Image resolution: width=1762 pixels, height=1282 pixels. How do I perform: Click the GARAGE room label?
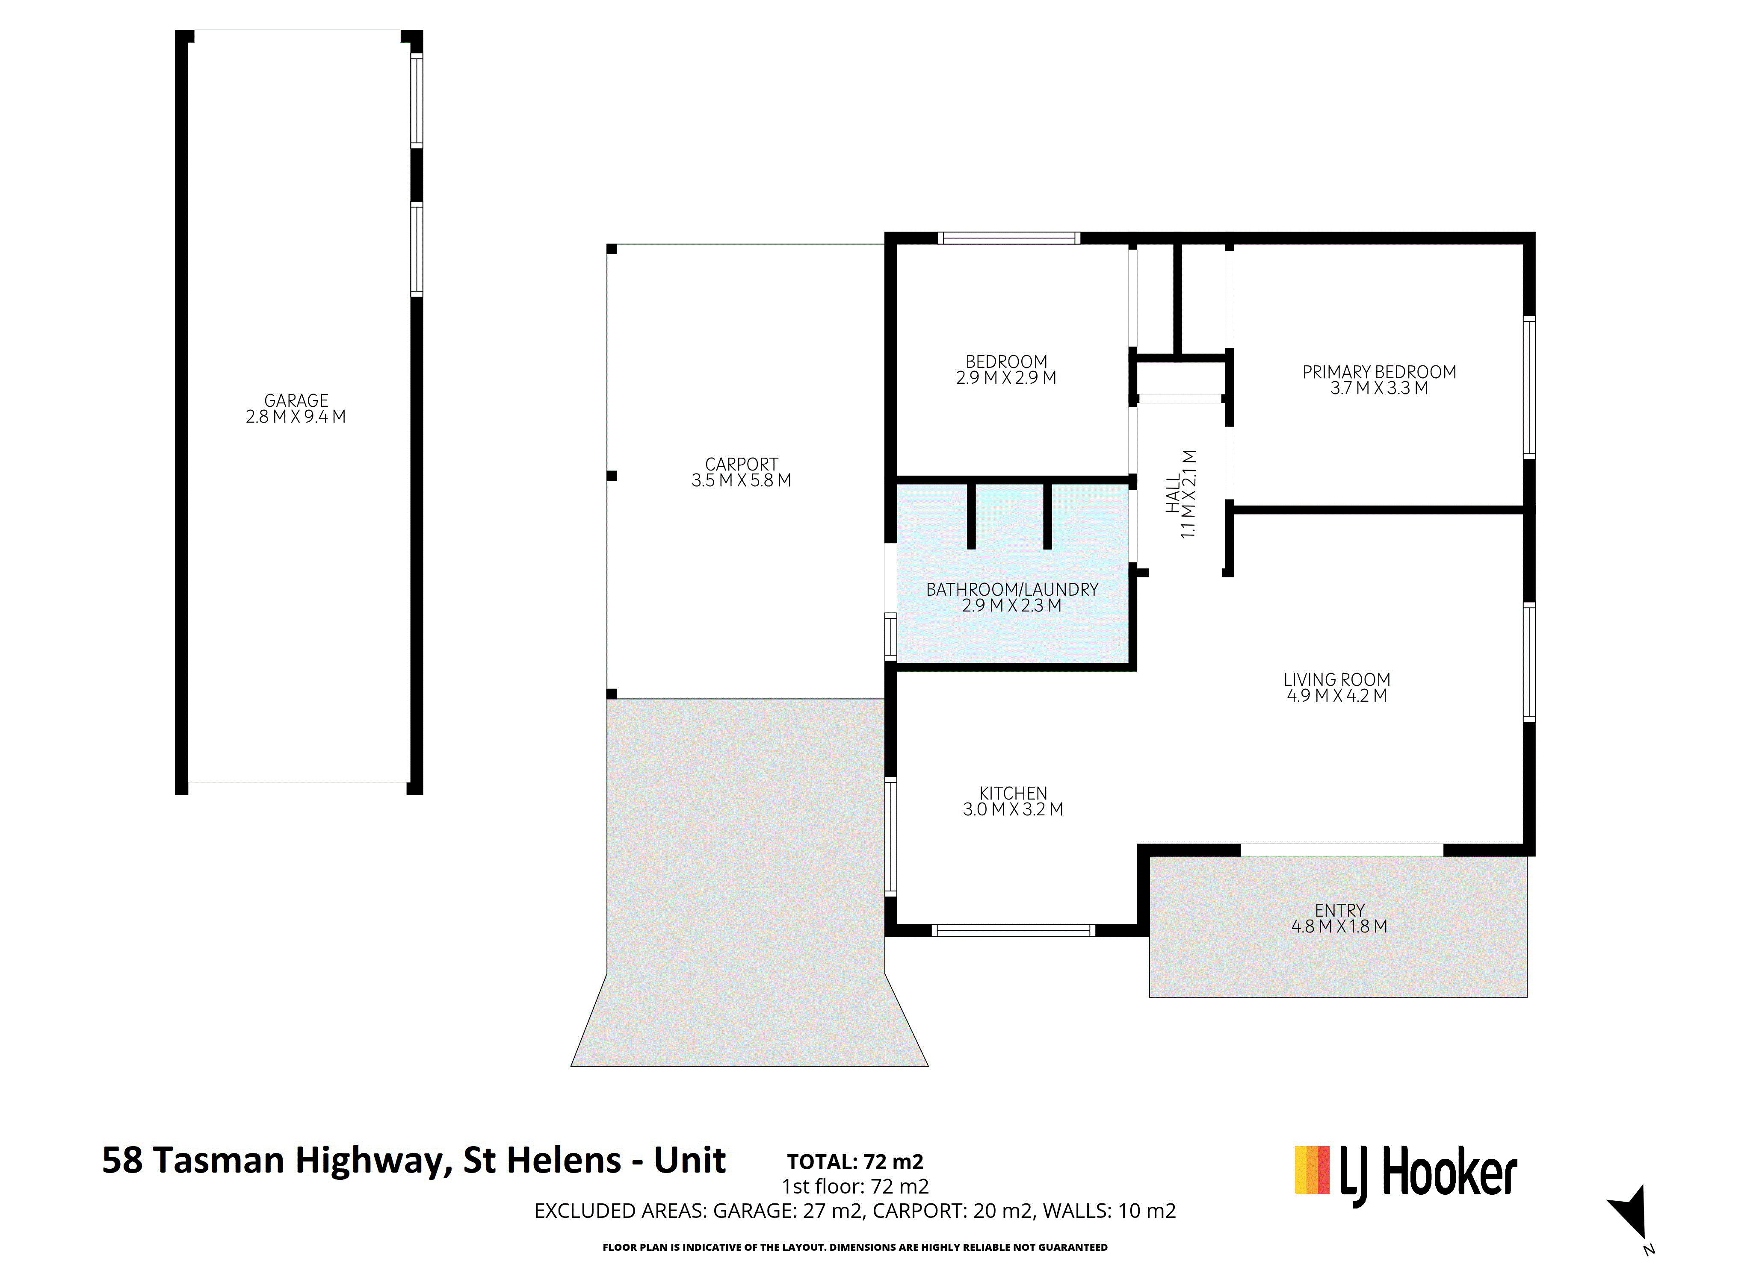296,401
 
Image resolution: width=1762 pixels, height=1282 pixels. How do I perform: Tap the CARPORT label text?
741,465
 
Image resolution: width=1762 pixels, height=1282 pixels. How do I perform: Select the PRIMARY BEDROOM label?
1379,372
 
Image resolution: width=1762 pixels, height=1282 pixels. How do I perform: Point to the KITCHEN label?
1013,793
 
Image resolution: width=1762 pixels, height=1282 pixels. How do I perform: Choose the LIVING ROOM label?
1337,679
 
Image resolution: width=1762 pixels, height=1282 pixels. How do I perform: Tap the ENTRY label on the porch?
1339,910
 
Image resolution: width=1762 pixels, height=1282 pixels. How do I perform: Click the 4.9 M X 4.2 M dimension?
1337,696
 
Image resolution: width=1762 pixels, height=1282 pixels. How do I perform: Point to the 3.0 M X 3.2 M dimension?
1013,809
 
